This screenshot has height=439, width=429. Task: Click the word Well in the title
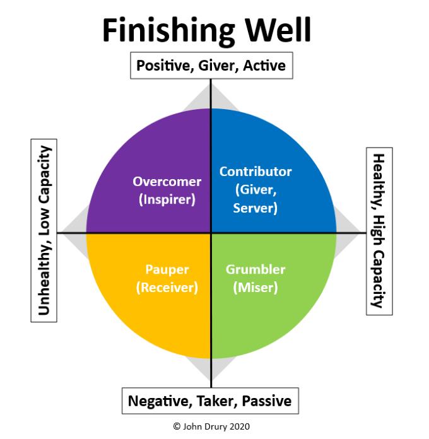[278, 30]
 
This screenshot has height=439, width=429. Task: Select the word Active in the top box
[264, 66]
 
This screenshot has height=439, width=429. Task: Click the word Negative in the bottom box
[160, 401]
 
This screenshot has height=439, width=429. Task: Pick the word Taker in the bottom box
[217, 401]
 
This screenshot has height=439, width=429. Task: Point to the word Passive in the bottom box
[267, 401]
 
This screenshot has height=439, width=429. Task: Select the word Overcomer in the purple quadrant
[167, 182]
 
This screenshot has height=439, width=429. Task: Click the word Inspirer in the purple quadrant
[167, 199]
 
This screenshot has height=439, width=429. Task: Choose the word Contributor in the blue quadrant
[256, 172]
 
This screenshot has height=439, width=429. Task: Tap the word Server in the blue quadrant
[255, 208]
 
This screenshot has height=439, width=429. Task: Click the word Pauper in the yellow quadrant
[167, 270]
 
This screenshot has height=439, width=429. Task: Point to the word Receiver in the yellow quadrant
[167, 288]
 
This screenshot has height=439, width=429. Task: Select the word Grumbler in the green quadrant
[256, 269]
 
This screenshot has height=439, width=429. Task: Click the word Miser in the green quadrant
[256, 288]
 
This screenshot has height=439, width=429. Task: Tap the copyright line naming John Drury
[211, 426]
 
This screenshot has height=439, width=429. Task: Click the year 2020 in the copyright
[240, 426]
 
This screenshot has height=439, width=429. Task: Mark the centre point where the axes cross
[211, 233]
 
